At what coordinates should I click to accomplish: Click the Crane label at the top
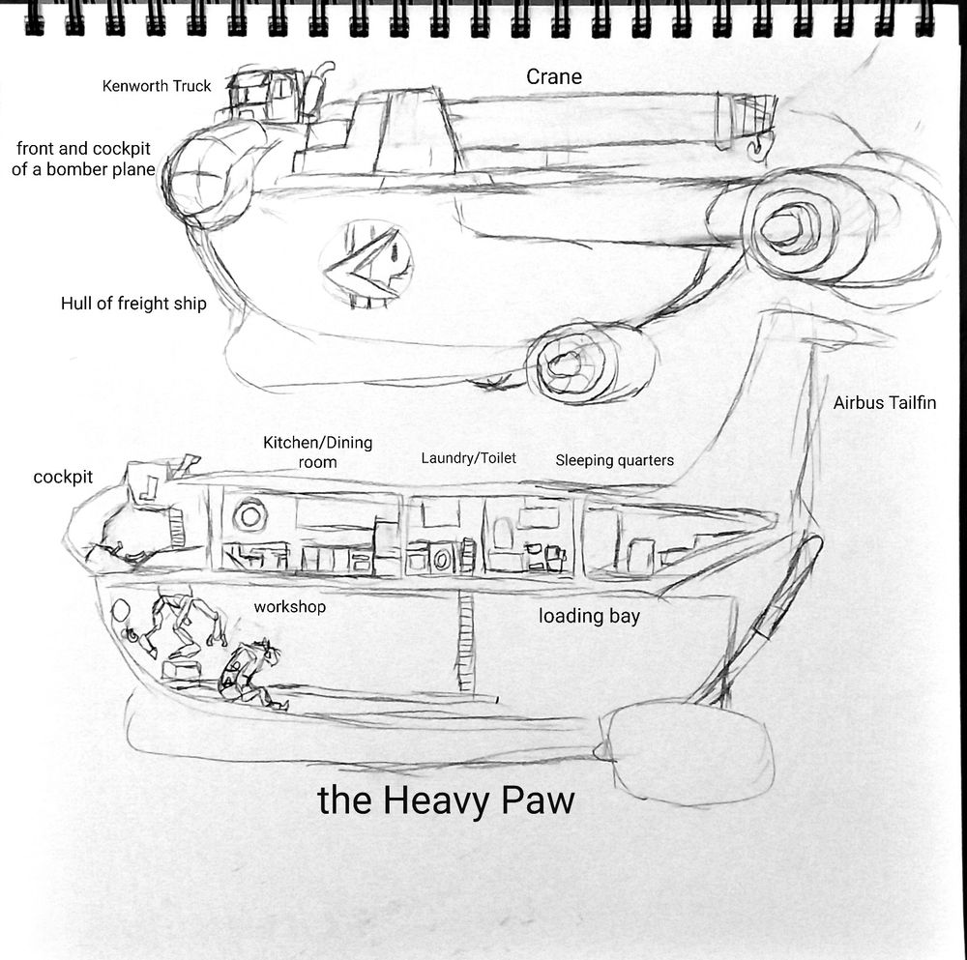(554, 76)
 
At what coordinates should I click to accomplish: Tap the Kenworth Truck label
(157, 86)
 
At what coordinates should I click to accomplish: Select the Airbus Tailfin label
(885, 403)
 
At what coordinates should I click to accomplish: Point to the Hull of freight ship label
(133, 304)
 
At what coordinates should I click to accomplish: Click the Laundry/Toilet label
(468, 458)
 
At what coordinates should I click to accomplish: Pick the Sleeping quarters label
(614, 460)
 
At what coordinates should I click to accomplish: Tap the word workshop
(289, 607)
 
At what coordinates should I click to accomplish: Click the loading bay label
(589, 616)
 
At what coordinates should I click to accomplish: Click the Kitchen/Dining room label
(317, 452)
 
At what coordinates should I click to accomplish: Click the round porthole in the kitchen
(249, 513)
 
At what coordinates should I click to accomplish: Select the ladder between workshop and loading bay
(467, 642)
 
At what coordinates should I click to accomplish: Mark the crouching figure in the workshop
(248, 672)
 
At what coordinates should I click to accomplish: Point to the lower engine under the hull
(578, 363)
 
